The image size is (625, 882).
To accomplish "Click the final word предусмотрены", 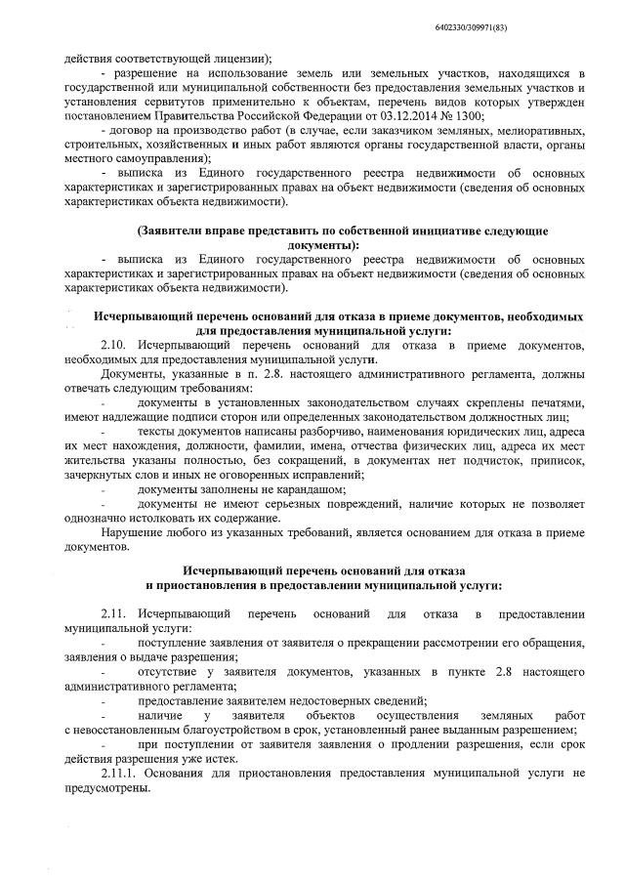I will pyautogui.click(x=106, y=789).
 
